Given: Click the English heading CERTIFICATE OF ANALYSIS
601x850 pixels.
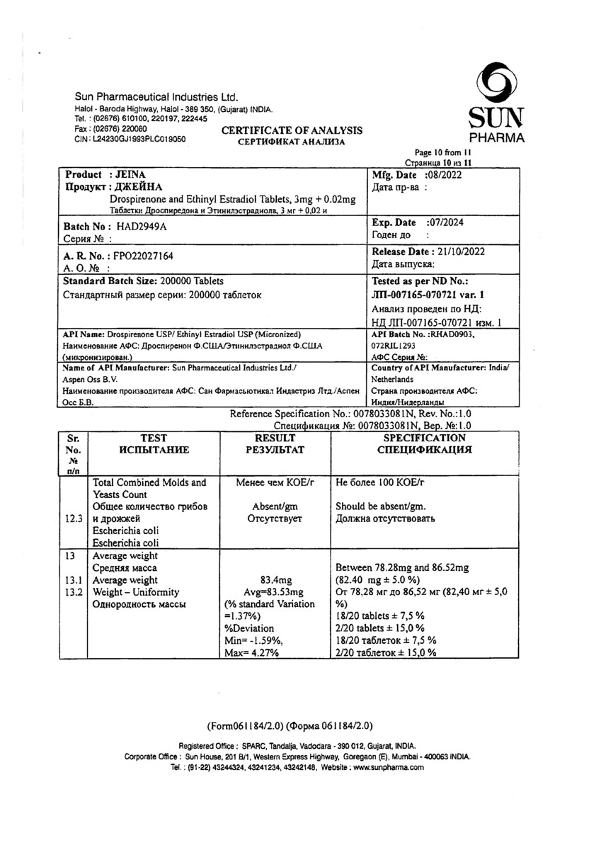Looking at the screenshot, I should [292, 130].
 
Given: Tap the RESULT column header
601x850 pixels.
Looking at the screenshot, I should [274, 438].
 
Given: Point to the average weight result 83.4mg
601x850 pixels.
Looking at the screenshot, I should [274, 580].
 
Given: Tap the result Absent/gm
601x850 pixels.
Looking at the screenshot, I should [274, 506].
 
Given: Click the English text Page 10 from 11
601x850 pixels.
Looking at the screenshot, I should [442, 153].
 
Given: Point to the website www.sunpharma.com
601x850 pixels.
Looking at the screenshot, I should [389, 767].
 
